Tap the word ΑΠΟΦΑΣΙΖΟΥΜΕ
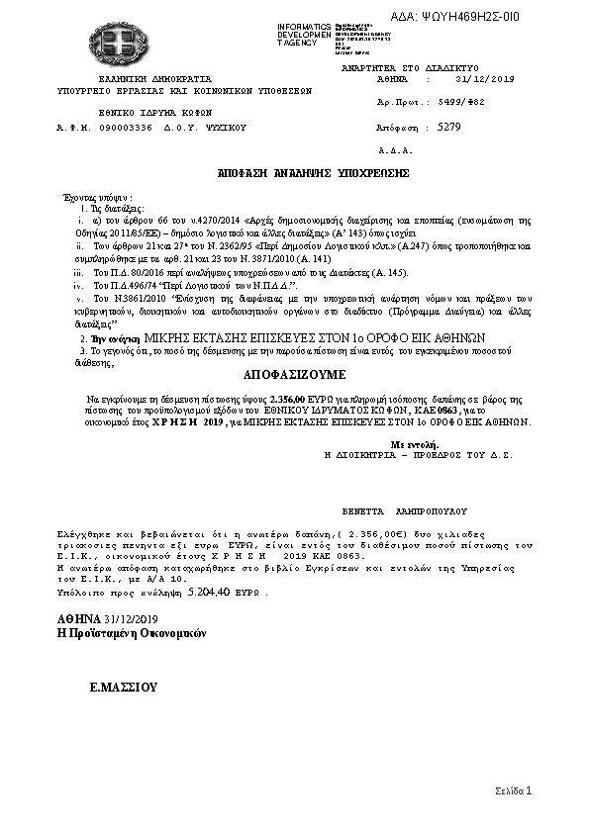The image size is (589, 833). coord(293,376)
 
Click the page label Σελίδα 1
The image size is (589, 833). coord(514,791)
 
